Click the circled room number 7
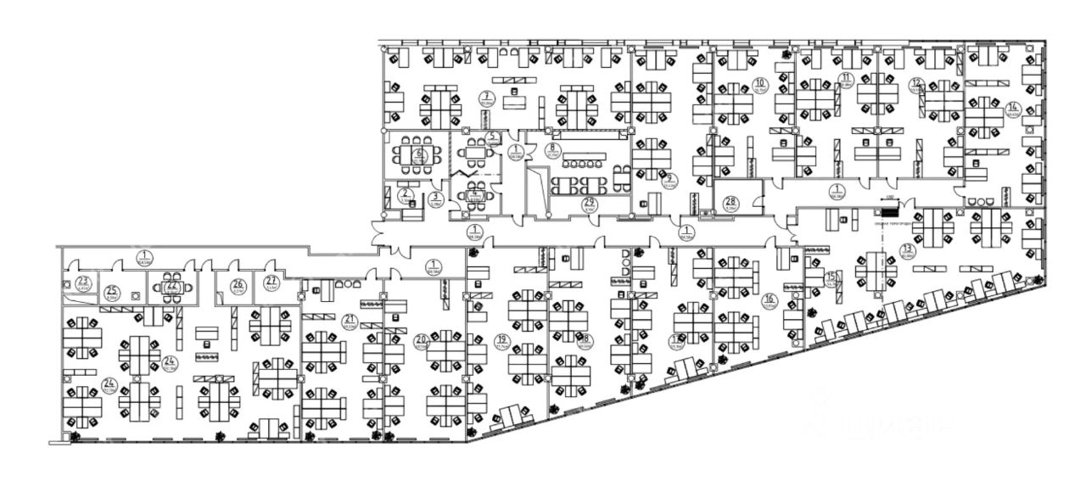[x=487, y=96]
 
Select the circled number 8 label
[x=551, y=148]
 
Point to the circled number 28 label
[x=731, y=202]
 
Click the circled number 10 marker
[x=759, y=83]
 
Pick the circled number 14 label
[x=1012, y=108]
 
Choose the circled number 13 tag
[x=907, y=249]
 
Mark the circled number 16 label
[x=770, y=299]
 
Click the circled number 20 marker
[x=420, y=341]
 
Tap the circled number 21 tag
[x=350, y=320]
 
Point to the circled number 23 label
[x=83, y=282]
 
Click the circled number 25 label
[x=111, y=293]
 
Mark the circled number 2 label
[x=406, y=193]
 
